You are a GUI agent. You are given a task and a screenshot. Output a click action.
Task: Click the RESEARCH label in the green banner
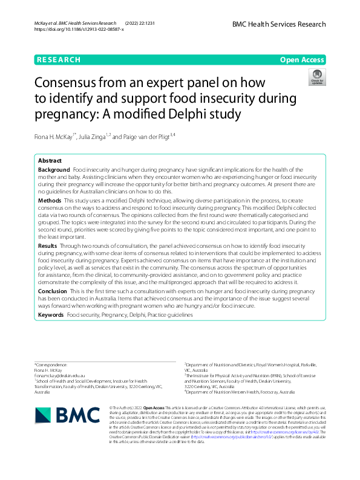(x=58, y=60)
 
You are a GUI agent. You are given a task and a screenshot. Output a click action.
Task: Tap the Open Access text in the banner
(x=302, y=60)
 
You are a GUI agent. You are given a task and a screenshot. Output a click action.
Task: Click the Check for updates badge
(x=316, y=77)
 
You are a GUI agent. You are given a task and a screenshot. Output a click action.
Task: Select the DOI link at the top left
(x=79, y=29)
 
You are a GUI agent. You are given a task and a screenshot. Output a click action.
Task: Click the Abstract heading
(x=50, y=161)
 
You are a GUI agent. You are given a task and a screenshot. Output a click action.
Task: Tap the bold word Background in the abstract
(x=54, y=170)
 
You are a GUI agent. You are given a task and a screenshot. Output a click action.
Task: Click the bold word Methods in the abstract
(x=50, y=199)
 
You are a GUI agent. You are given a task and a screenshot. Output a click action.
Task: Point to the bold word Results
(x=48, y=246)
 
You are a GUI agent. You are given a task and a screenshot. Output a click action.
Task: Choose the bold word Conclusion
(x=52, y=291)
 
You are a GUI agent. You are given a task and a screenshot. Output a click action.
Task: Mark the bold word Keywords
(x=51, y=315)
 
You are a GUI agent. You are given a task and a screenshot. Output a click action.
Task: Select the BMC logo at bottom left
(x=66, y=415)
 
